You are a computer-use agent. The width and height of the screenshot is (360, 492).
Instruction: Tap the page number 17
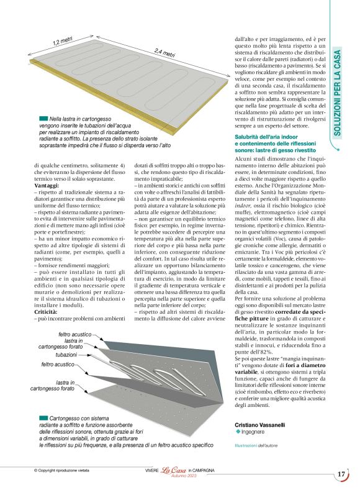(341, 474)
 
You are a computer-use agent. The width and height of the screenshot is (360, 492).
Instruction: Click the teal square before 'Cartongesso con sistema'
(43, 418)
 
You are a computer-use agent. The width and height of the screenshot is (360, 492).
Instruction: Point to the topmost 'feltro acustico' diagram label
(74, 334)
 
